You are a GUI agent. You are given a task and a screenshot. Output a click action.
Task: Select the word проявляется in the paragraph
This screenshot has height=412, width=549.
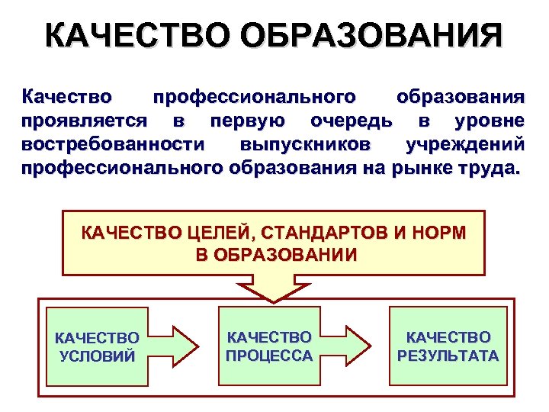point(85,121)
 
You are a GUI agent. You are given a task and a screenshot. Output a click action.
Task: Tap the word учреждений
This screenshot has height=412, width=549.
point(465,144)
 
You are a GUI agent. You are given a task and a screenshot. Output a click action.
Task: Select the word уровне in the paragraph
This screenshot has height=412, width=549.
point(489,121)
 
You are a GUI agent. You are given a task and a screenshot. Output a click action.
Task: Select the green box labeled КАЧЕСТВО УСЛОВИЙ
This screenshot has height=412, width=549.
point(97,346)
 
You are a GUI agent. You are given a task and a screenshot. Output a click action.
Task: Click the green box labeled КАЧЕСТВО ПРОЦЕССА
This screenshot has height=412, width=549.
point(269,346)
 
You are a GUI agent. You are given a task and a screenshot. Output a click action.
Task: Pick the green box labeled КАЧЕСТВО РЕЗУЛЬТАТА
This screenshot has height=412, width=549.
point(448,346)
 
